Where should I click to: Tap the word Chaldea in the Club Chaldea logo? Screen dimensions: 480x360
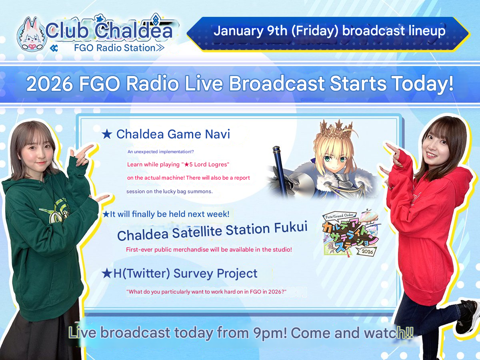pyautogui.click(x=134, y=31)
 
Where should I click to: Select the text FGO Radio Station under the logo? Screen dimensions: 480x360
pyautogui.click(x=115, y=48)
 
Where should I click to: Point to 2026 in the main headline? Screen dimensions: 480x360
pyautogui.click(x=50, y=84)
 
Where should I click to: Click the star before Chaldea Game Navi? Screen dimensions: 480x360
pyautogui.click(x=107, y=134)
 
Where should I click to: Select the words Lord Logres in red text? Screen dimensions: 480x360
pyautogui.click(x=211, y=164)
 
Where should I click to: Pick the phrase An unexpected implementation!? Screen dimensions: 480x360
pyautogui.click(x=160, y=152)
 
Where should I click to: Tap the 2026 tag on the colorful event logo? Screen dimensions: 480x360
pyautogui.click(x=367, y=251)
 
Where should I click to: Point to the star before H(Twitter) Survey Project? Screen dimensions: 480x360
pyautogui.click(x=107, y=274)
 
